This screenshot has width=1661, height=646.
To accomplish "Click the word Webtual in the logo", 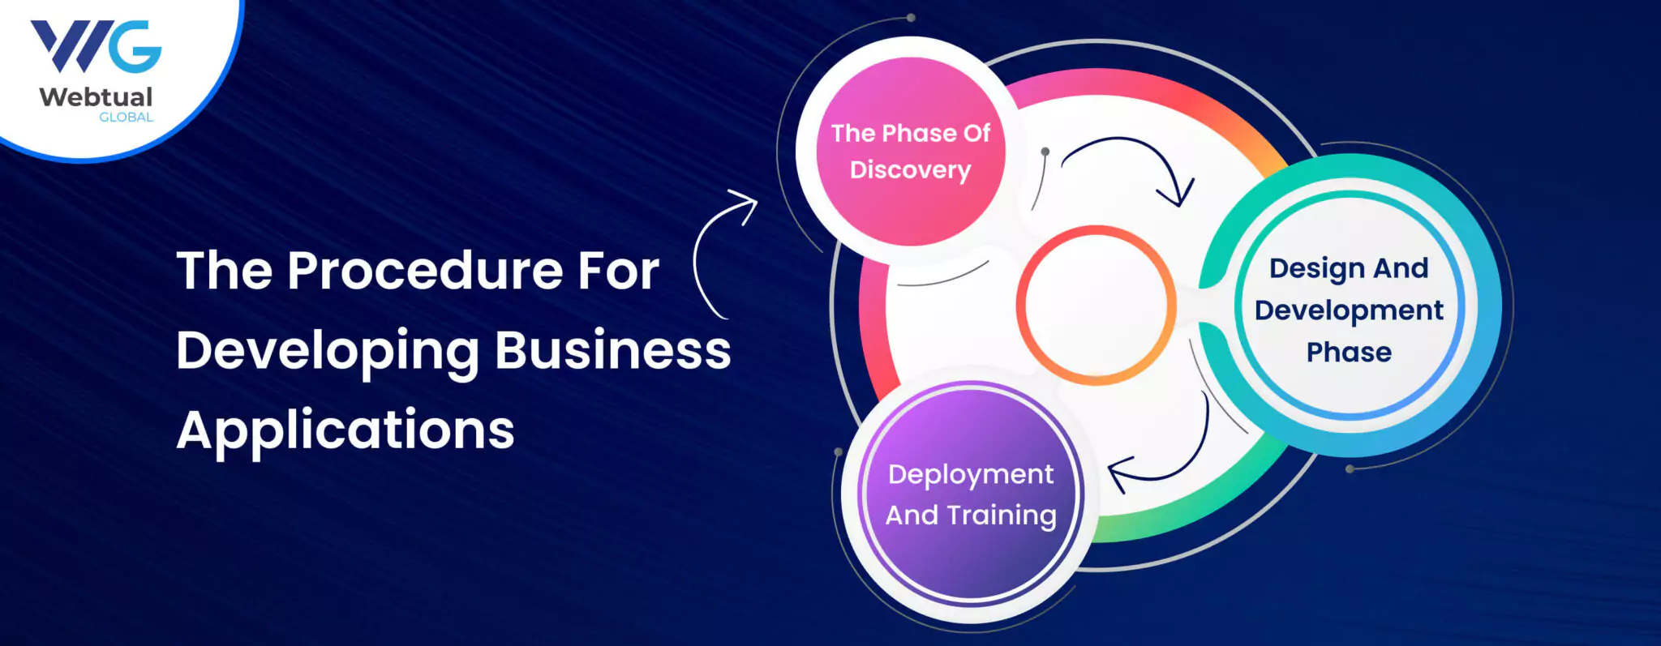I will [96, 97].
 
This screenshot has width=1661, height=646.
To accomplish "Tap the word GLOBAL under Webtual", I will [126, 118].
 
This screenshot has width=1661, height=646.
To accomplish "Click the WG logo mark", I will [96, 46].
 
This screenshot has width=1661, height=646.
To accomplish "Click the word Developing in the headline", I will [328, 352].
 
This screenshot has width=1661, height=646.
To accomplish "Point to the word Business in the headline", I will [612, 350].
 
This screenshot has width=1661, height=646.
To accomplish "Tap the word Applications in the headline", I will [346, 430].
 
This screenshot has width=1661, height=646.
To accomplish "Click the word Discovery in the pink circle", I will [910, 170].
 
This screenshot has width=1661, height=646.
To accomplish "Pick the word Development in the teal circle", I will [1349, 310].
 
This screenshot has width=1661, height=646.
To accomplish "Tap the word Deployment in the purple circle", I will [971, 475].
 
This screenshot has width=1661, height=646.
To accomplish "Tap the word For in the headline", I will [618, 271].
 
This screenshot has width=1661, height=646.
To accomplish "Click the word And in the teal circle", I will [1400, 268].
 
